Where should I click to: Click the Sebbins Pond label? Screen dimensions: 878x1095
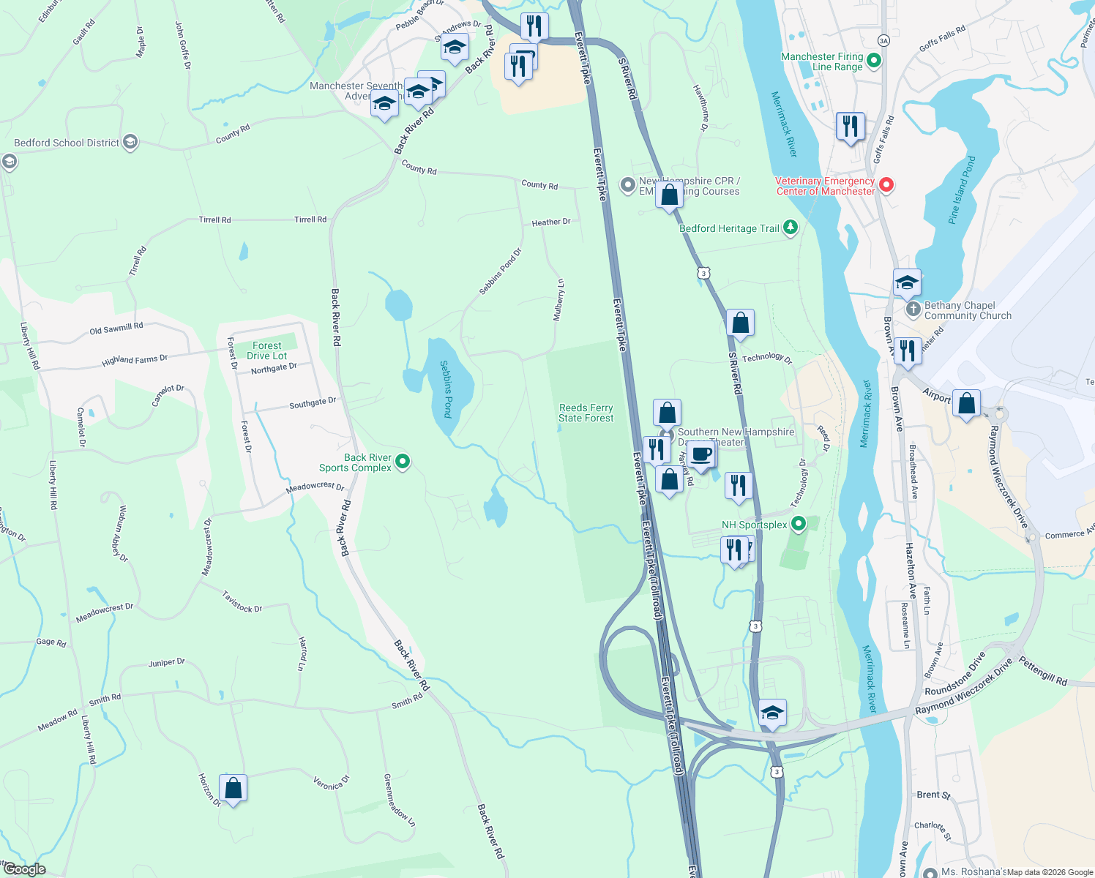(446, 389)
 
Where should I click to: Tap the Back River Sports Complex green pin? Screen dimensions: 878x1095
(403, 462)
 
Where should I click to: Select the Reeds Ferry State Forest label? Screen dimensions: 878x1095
(586, 413)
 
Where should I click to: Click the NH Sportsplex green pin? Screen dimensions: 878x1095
(799, 524)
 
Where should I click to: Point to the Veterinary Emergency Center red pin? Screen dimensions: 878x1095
(886, 185)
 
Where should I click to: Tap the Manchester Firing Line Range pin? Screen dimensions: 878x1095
(873, 61)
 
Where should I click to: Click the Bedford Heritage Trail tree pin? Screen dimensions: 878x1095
(791, 228)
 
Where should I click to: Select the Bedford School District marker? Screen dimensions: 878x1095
(130, 142)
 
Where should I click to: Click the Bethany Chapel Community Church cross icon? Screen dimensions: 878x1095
(913, 309)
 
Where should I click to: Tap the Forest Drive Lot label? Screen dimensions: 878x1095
(267, 350)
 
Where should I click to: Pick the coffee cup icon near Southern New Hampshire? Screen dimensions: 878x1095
(701, 454)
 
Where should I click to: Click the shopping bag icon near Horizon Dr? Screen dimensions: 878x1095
(233, 789)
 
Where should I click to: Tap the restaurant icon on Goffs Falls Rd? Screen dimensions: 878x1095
(850, 127)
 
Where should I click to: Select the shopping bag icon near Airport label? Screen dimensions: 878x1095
(966, 403)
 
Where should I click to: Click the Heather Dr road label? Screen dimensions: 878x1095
(551, 222)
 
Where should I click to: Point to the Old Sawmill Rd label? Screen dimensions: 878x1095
(116, 329)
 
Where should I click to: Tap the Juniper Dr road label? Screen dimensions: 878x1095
(167, 663)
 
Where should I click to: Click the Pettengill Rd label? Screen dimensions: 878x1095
(1044, 672)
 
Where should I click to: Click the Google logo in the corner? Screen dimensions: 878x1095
(25, 869)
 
